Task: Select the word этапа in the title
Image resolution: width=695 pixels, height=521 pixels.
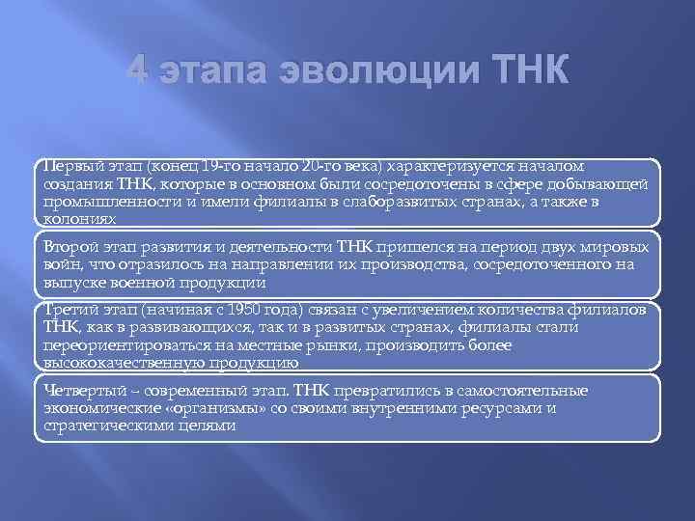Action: [219, 71]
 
